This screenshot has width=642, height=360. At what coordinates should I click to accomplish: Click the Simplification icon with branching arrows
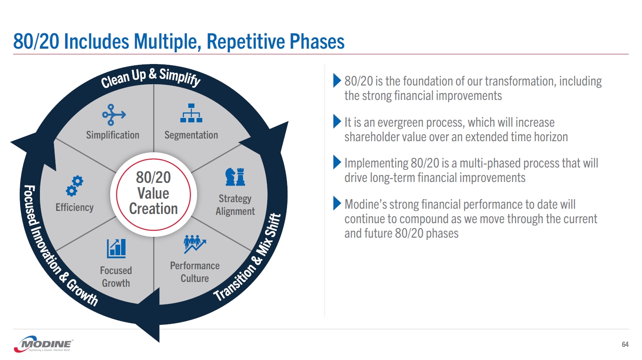[x=114, y=115]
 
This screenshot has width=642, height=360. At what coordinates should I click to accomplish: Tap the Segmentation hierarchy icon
[x=191, y=113]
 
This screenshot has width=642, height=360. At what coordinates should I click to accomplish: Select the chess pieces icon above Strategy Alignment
[x=235, y=177]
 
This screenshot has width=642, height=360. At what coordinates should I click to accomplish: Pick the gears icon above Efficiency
[x=75, y=186]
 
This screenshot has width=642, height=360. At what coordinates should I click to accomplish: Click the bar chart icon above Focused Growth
[x=116, y=249]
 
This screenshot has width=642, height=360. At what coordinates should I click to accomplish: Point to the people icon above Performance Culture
[x=194, y=244]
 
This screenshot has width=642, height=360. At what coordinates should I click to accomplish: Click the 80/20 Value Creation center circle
[x=154, y=193]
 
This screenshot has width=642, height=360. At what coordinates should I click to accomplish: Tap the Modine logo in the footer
[x=44, y=345]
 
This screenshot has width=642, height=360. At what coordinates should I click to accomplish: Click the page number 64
[x=625, y=345]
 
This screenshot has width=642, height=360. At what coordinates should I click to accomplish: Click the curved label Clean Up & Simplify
[x=151, y=77]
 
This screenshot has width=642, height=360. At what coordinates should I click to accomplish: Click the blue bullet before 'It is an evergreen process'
[x=337, y=121]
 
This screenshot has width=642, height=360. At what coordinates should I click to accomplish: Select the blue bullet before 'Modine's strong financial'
[x=337, y=203]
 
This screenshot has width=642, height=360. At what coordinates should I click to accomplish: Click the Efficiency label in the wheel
[x=75, y=207]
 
